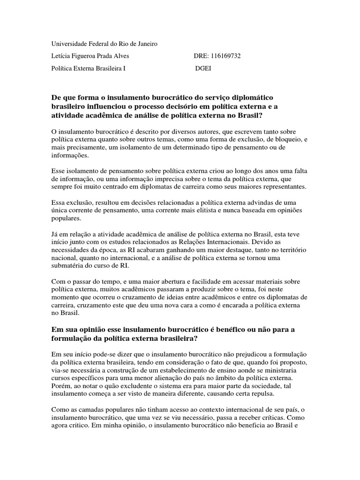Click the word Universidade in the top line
coord(68,44)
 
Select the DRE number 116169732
coord(225,56)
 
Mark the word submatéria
coord(70,266)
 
